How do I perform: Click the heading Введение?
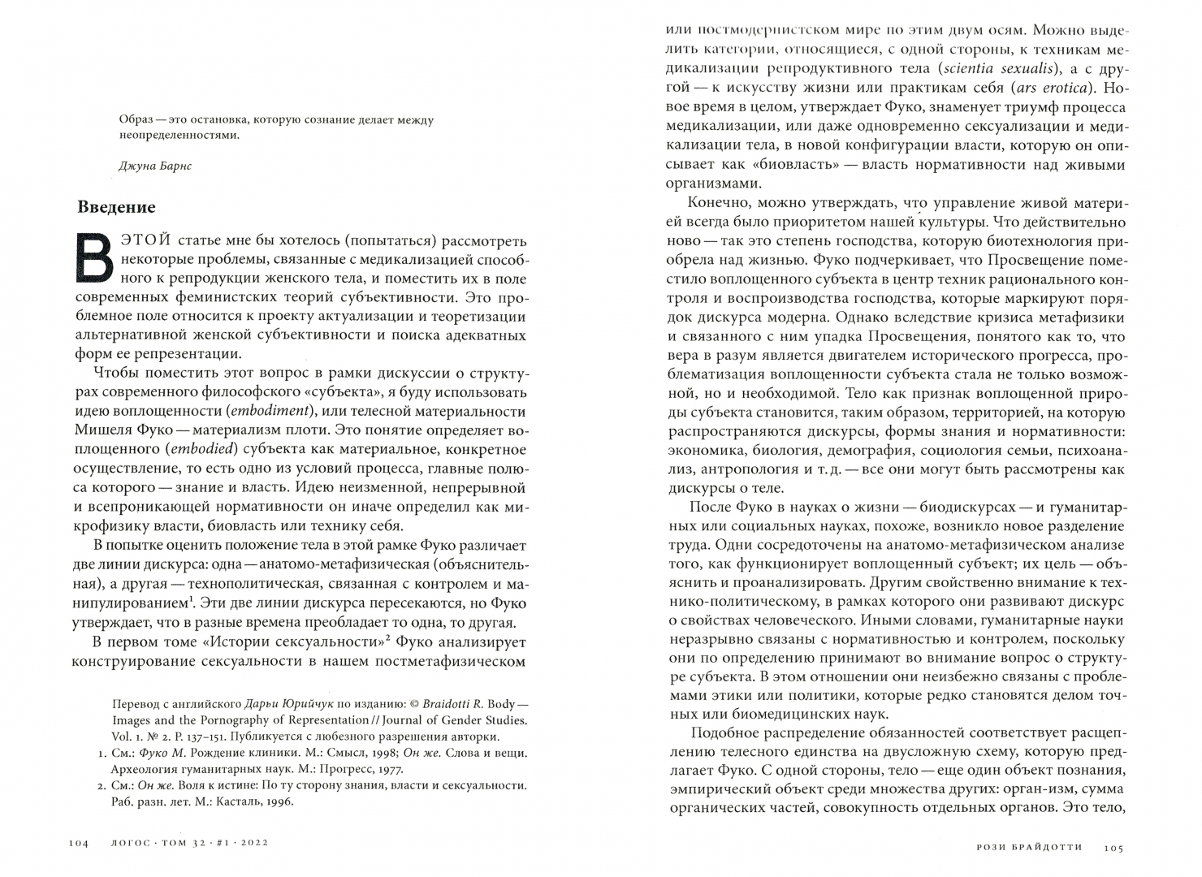click(116, 207)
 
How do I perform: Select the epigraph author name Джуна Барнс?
click(155, 166)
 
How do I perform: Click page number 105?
click(1113, 848)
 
